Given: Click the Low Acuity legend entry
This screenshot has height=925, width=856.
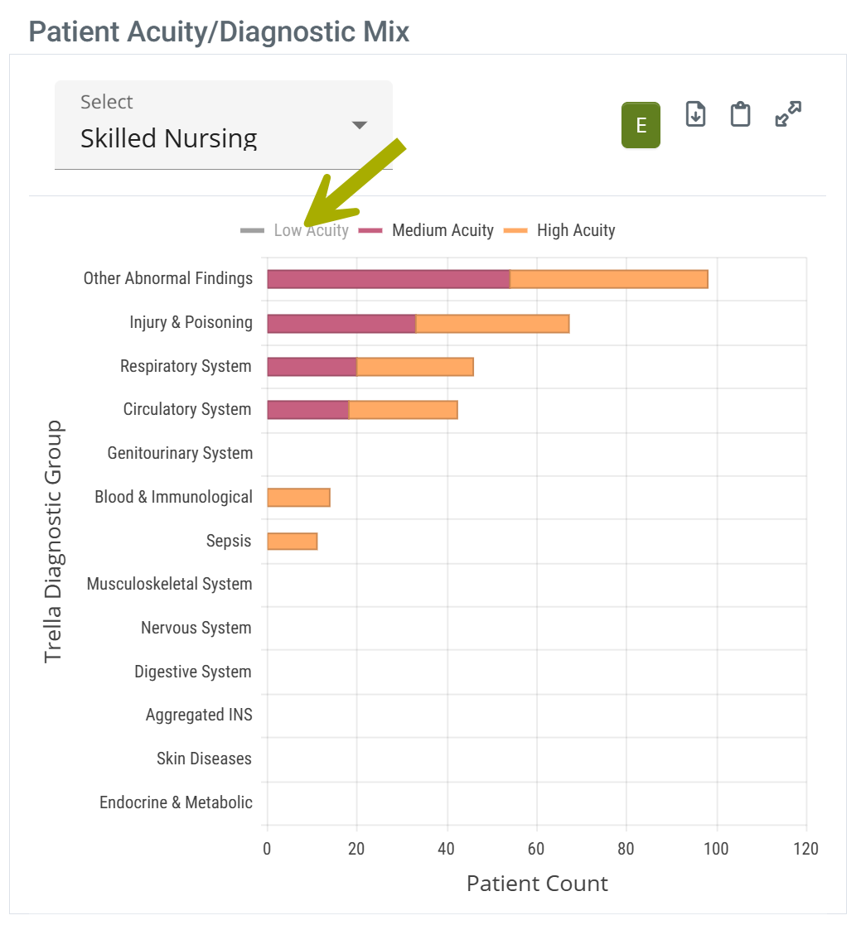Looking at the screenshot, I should tap(295, 230).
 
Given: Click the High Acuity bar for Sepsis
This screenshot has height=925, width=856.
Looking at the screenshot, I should tap(292, 542).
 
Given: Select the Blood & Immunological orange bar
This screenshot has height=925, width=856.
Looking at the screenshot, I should tap(298, 498).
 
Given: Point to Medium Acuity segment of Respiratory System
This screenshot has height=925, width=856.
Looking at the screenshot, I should tap(312, 367).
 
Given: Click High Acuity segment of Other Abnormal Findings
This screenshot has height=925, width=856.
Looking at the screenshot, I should tap(608, 279).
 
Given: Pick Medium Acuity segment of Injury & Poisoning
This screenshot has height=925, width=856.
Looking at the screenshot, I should tap(341, 323).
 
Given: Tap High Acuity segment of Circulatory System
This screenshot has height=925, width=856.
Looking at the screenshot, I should tap(403, 410).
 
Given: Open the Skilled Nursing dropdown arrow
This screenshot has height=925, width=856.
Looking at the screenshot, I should tap(359, 125).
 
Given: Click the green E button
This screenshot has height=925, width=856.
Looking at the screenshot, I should tap(641, 125).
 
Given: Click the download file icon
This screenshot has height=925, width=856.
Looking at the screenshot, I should tap(696, 114).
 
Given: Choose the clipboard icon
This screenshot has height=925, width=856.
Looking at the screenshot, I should tap(740, 114).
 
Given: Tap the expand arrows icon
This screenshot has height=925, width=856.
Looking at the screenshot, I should tap(788, 114).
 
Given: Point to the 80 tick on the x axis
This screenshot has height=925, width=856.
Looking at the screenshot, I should tap(626, 849).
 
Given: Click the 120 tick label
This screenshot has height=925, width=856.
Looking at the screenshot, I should tap(805, 849).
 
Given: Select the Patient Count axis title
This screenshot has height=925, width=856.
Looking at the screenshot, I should tap(537, 884).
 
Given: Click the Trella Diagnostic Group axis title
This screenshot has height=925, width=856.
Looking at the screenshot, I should tap(53, 542).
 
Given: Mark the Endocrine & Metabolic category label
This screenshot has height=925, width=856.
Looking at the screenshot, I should tap(176, 803).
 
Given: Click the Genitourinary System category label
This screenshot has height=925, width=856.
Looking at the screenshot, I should tap(180, 454).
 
